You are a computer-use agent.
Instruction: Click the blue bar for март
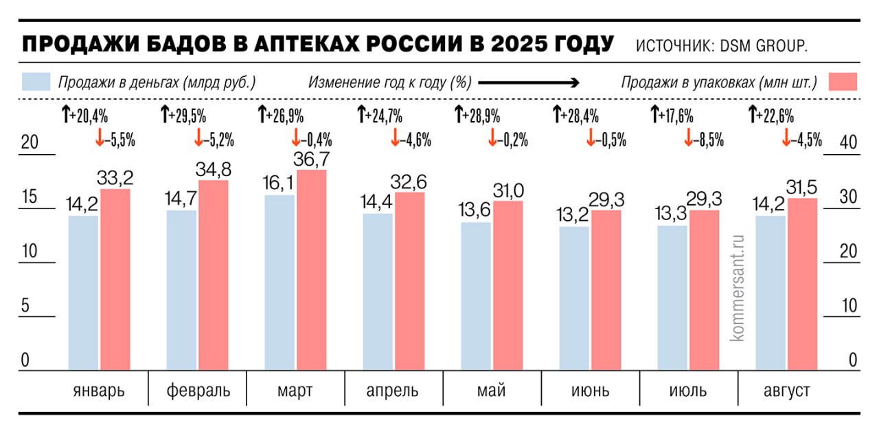279,282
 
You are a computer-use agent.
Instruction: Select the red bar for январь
115,279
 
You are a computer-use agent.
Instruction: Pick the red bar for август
803,284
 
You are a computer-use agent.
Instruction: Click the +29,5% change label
187,115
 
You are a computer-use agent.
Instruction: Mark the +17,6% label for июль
677,115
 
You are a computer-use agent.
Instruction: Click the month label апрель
393,391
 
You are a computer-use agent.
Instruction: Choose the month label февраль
198,391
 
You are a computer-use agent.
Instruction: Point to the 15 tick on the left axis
29,197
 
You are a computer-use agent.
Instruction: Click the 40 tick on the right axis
849,143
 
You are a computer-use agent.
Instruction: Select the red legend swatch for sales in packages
843,82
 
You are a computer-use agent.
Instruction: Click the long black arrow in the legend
529,83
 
